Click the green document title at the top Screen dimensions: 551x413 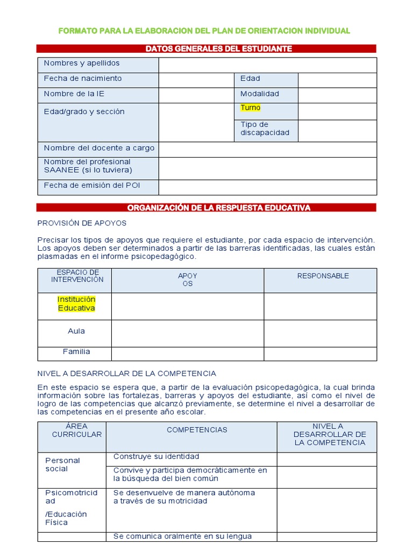204,31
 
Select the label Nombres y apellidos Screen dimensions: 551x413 82,63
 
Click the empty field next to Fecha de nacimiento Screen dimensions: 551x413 196,80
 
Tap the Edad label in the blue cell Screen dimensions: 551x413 250,79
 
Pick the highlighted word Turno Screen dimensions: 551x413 250,108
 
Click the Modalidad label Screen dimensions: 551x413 260,94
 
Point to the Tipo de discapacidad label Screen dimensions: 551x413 265,129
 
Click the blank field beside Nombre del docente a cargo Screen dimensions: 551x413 267,149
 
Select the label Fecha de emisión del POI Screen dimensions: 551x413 92,186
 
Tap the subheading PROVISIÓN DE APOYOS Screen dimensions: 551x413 82,223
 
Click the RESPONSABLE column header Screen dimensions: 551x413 323,276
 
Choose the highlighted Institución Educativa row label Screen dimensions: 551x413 76,303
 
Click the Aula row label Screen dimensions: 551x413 76,331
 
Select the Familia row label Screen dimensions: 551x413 76,352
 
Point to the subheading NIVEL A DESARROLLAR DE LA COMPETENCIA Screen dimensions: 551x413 126,373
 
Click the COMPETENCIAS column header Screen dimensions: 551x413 197,430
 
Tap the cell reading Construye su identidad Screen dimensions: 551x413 156,457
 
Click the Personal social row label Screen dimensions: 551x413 62,464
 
